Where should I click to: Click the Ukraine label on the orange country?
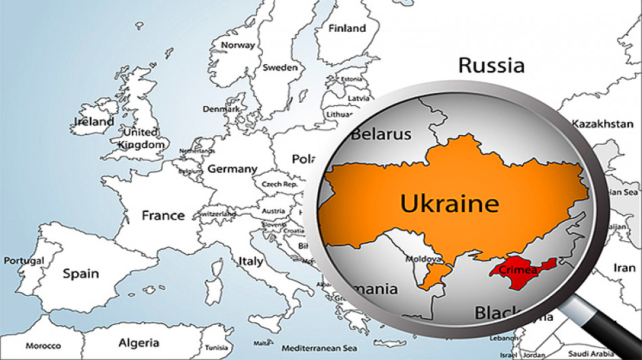pos(449,203)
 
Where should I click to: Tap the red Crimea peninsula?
pos(517,272)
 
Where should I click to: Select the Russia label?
pos(491,66)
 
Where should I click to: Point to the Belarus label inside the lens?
pos(380,134)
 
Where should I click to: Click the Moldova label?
pos(423,259)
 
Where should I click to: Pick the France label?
pos(163,215)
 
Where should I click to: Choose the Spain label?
pos(80,274)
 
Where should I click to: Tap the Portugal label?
pos(24,261)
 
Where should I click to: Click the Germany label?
pos(232,169)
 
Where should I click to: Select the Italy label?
pos(251,261)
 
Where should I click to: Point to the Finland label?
pos(347,28)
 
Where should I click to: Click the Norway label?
pos(238,45)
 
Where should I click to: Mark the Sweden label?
pos(280,67)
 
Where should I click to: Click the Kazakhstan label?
pos(602,124)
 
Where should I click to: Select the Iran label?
pos(624,267)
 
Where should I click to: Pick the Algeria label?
pos(139,343)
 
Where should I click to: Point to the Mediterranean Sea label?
pos(319,349)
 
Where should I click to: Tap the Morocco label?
pos(43,346)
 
